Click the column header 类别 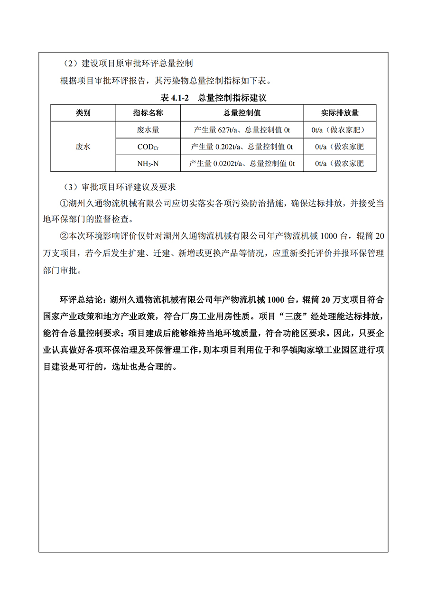83,113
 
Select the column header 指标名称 148,113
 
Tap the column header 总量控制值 242,113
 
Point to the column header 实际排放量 340,113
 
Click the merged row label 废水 83,147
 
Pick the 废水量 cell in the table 148,130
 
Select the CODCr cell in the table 148,147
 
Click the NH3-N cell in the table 148,164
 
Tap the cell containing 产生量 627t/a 242,130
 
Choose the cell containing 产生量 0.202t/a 242,147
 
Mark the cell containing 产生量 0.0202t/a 242,164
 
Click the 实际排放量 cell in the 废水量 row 340,130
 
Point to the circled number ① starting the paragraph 64,203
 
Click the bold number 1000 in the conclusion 276,300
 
